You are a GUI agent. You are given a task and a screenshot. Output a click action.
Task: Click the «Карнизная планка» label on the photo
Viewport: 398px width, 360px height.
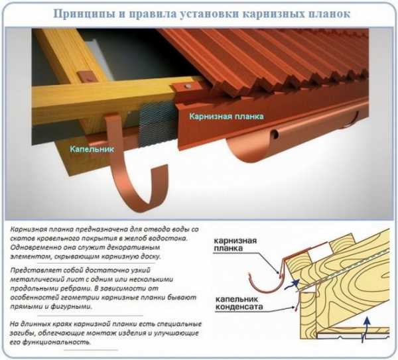coord(227,117)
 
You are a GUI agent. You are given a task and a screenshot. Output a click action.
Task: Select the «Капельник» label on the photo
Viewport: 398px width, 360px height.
coord(92,149)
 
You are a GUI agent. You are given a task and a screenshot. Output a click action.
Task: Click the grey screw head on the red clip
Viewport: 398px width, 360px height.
coord(188,86)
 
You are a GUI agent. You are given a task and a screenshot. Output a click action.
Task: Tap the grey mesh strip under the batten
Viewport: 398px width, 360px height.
coord(157,125)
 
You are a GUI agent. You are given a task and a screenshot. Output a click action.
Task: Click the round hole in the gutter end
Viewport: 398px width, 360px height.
coord(274,134)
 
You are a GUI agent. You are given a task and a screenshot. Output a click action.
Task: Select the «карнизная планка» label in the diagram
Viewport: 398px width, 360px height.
coord(235,244)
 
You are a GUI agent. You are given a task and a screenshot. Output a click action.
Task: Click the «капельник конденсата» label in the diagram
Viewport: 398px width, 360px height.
coord(239,303)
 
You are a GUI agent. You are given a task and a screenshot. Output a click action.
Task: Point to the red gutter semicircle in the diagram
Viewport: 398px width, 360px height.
coord(264,288)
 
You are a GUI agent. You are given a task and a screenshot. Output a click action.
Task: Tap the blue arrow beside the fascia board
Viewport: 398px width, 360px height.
coord(292,284)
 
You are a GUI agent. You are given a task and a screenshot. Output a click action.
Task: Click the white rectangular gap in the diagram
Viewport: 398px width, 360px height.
coord(319,253)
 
